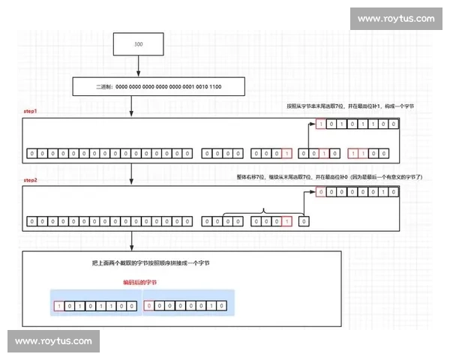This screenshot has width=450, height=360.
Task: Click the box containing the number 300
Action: click(138, 44)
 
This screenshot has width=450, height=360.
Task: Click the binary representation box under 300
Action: click(158, 88)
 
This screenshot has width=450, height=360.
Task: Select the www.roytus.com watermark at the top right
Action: click(396, 19)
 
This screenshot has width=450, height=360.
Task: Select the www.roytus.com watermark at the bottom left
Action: click(53, 341)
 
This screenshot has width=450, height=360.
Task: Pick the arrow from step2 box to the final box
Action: click(132, 242)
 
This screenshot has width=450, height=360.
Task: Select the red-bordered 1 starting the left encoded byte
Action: click(58, 306)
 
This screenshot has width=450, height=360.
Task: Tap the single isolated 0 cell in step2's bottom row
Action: click(303, 222)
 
